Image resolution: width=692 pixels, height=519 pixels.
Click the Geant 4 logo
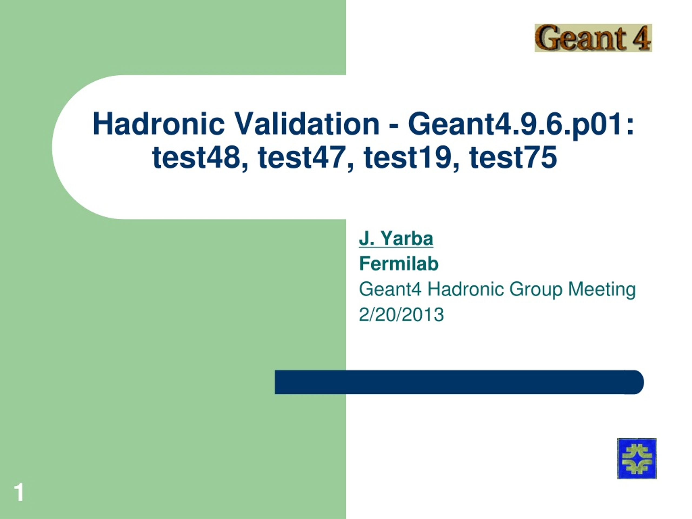tap(593, 38)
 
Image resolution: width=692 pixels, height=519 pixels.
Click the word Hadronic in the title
tap(159, 124)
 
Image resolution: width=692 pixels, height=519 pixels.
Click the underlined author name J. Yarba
tap(396, 238)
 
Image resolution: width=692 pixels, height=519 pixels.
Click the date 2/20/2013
tap(401, 314)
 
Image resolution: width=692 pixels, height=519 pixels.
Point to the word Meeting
tap(602, 290)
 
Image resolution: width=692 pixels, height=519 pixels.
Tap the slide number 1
tap(19, 493)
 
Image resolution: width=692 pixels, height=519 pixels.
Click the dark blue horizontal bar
tap(459, 382)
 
